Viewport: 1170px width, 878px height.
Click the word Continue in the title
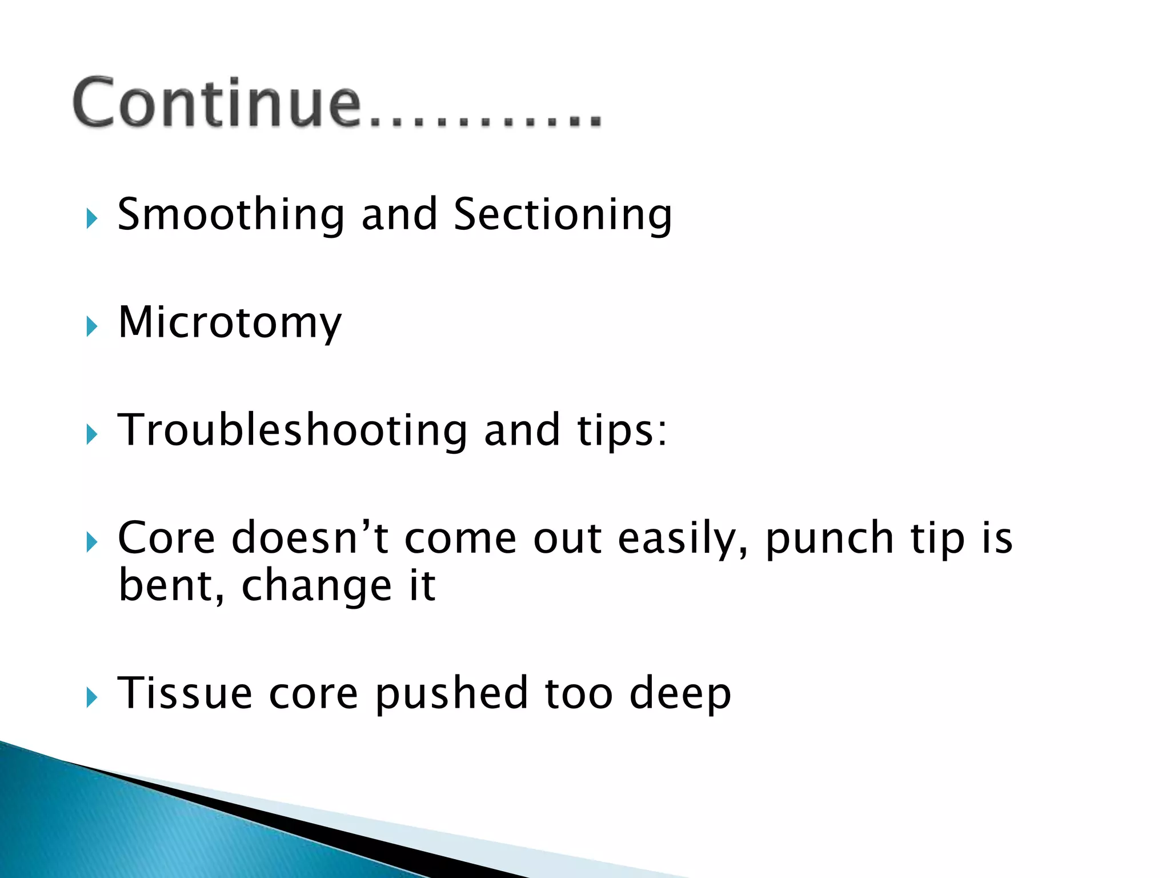pyautogui.click(x=217, y=103)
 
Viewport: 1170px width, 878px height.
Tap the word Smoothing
pyautogui.click(x=231, y=214)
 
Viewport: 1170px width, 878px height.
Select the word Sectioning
pyautogui.click(x=563, y=214)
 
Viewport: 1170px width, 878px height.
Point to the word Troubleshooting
pyautogui.click(x=292, y=430)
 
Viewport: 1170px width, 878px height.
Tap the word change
pyautogui.click(x=316, y=586)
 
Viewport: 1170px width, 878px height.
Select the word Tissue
pyautogui.click(x=185, y=693)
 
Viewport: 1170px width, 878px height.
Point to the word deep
pyautogui.click(x=680, y=693)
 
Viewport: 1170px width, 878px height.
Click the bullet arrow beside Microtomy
pyautogui.click(x=92, y=327)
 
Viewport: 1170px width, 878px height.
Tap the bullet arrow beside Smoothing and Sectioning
pyautogui.click(x=92, y=219)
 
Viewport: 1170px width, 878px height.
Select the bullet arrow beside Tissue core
pyautogui.click(x=92, y=697)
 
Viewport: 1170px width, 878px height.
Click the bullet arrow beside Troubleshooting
pyautogui.click(x=92, y=435)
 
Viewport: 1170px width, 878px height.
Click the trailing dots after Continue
pyautogui.click(x=486, y=120)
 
